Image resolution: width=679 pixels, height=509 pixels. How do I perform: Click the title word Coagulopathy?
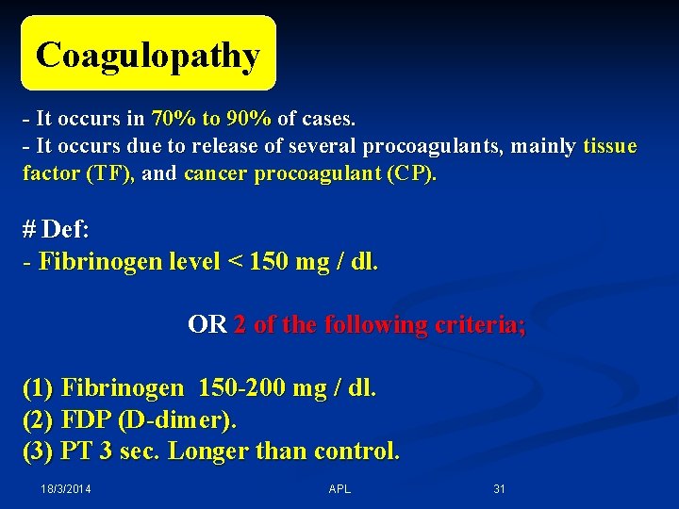(147, 56)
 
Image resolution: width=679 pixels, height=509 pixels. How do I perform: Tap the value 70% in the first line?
(171, 119)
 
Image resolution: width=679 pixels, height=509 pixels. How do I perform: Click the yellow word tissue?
(609, 146)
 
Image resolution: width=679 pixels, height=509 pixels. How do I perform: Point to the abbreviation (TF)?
(110, 174)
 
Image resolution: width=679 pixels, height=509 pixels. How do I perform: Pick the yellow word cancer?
(215, 174)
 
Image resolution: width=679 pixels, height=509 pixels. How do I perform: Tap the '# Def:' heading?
(57, 229)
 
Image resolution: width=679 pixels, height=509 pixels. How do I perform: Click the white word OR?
(207, 325)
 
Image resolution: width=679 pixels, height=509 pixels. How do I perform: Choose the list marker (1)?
(38, 387)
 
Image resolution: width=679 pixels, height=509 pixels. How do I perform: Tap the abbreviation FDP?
(86, 419)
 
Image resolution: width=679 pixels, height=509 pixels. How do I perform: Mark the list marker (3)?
(38, 451)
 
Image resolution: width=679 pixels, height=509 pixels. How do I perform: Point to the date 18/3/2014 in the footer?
(66, 489)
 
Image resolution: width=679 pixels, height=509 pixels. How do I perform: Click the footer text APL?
(339, 489)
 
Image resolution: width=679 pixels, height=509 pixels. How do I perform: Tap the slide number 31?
(500, 489)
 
